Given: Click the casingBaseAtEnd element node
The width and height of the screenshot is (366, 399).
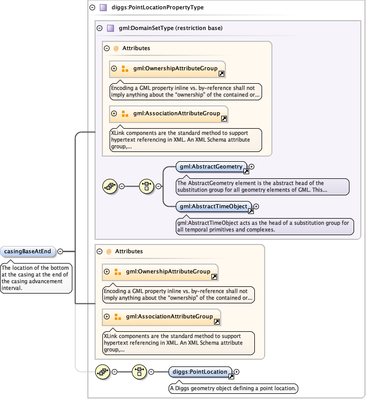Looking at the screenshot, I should click(x=28, y=252).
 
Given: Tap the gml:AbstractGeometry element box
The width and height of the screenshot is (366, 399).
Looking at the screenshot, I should click(x=211, y=166).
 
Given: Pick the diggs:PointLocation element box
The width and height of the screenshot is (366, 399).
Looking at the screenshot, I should click(x=201, y=372).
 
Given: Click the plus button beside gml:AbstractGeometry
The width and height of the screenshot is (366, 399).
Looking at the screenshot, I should click(x=252, y=166).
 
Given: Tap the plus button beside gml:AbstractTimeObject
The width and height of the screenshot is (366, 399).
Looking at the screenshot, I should click(x=256, y=207).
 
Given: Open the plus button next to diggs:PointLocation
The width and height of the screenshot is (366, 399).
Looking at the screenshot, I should click(x=237, y=372).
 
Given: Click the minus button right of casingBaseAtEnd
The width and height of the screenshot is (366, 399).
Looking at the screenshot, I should click(x=60, y=252).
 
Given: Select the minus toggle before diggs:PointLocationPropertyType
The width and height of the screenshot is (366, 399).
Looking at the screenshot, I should click(x=92, y=8).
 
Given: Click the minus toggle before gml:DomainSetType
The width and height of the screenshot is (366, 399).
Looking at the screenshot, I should click(x=99, y=28).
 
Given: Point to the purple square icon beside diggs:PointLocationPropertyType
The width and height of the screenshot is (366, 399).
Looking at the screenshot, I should click(x=103, y=8).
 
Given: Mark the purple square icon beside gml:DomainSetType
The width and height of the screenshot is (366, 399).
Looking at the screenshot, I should click(x=110, y=28).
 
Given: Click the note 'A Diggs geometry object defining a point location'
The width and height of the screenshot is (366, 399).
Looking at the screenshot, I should click(x=233, y=388).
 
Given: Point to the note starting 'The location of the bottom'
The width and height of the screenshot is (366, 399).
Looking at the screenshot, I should click(x=36, y=278).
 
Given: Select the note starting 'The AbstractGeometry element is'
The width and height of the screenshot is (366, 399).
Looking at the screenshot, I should click(x=262, y=186).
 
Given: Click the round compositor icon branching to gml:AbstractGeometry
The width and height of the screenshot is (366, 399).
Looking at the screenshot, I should click(x=147, y=187).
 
